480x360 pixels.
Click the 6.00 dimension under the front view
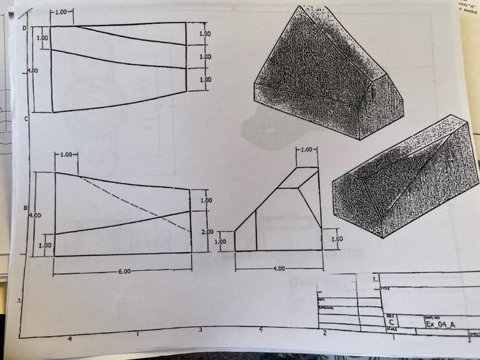[x=124, y=272]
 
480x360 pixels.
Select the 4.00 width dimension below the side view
[x=278, y=268]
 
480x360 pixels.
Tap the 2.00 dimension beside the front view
[x=207, y=232]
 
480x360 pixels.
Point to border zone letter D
[x=25, y=28]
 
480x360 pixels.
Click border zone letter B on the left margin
[x=25, y=207]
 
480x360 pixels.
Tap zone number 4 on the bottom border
[x=69, y=339]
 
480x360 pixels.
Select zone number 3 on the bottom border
[x=200, y=331]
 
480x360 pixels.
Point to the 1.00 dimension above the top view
[x=62, y=12]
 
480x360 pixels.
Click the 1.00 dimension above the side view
[x=307, y=149]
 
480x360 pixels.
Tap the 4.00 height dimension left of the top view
[x=32, y=71]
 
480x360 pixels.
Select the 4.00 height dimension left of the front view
[x=34, y=215]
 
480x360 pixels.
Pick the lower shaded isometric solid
[x=405, y=180]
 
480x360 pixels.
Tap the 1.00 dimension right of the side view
[x=337, y=239]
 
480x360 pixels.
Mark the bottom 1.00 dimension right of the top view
[x=205, y=80]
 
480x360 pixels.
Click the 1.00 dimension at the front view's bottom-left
[x=45, y=245]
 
